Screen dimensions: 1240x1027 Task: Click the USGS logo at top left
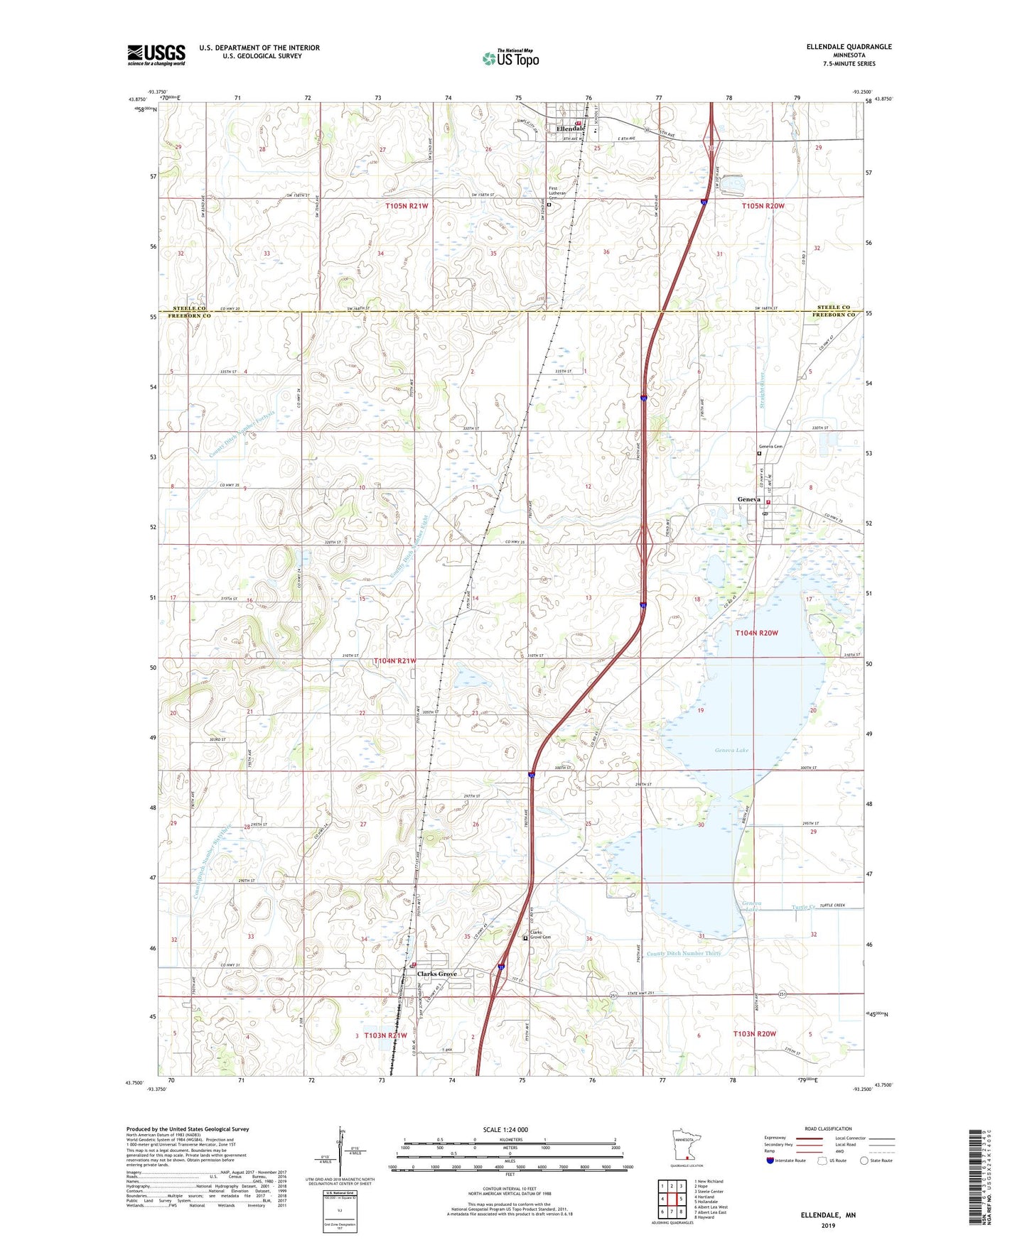click(x=156, y=55)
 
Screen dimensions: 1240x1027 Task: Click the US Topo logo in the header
click(x=510, y=58)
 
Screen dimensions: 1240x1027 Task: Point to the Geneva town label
click(x=748, y=499)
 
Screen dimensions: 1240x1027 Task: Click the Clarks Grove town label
click(x=436, y=974)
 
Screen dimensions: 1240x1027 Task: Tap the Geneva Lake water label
click(x=731, y=750)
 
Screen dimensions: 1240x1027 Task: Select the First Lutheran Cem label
click(x=559, y=193)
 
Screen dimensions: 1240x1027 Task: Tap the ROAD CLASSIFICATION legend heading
click(x=829, y=1128)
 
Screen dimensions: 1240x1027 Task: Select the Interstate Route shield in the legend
click(x=770, y=1160)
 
